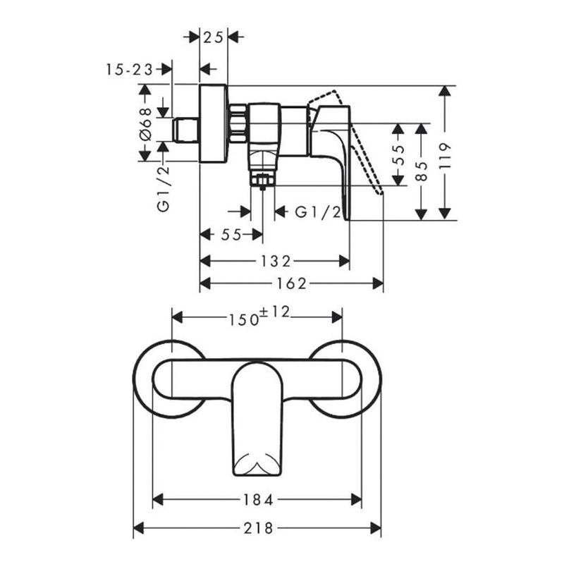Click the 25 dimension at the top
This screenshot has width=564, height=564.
coord(214,37)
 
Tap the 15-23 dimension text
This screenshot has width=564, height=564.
coord(130,69)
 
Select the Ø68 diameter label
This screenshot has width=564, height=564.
coord(146,124)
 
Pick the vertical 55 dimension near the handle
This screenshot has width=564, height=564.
coord(398,155)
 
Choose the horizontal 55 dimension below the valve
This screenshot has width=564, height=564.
coord(231,235)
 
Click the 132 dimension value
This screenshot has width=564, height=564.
coord(276,261)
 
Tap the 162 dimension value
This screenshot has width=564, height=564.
coord(291,284)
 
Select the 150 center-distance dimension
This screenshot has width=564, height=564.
coord(244,319)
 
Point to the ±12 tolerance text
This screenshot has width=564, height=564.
coord(274,312)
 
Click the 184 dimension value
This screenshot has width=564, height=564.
coord(258,499)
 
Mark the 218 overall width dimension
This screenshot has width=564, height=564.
coord(258,528)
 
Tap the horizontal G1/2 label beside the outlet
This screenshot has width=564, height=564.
coord(318,212)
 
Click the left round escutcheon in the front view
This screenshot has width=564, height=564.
coord(168,379)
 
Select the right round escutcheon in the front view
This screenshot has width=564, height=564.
coord(346,379)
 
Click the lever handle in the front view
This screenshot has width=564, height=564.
coord(257,418)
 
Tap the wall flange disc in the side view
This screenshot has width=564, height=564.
coord(214,123)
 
